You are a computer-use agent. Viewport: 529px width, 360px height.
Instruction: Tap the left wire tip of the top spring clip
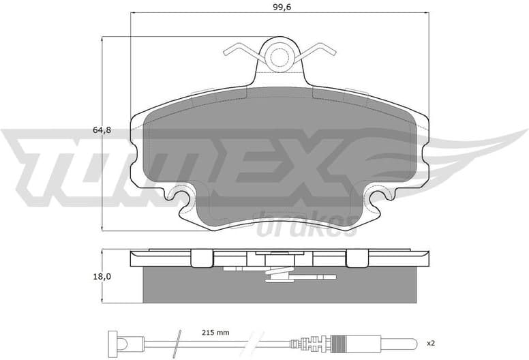(227, 50)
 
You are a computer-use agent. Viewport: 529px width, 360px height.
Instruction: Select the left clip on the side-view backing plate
(201, 258)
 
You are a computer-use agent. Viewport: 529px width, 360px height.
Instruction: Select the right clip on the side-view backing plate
(357, 258)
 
